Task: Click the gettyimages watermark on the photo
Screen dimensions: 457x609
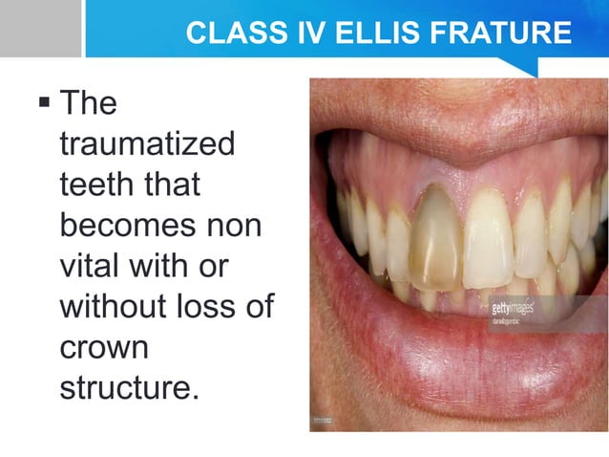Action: coord(512,310)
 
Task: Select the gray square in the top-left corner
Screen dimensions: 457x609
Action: coord(40,29)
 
